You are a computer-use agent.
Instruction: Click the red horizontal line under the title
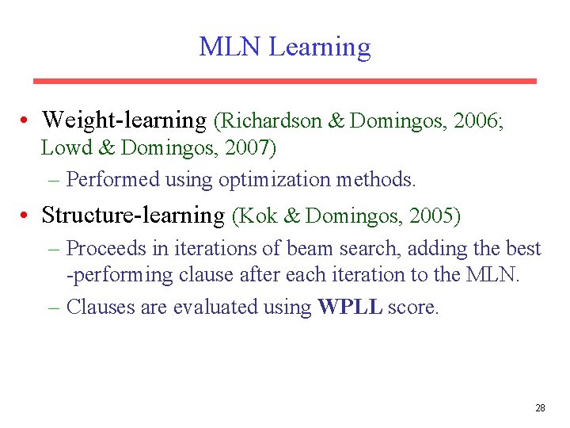click(284, 81)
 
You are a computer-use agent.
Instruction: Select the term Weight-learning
click(123, 120)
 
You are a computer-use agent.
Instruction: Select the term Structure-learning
click(133, 216)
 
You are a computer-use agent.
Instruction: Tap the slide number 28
click(540, 408)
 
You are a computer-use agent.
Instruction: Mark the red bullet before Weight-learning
click(27, 121)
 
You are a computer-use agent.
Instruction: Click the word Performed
click(113, 180)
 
